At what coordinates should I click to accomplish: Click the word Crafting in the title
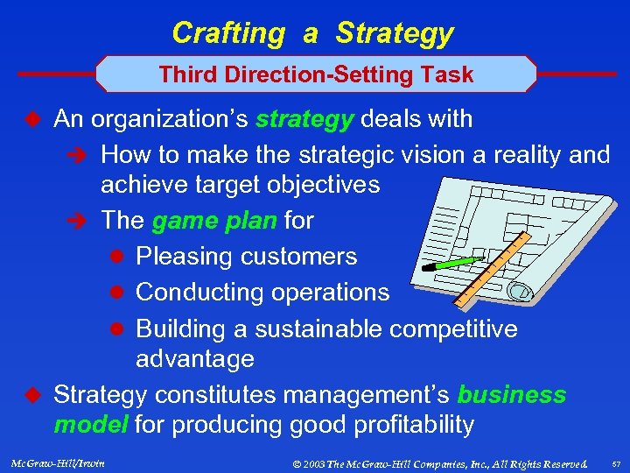227,33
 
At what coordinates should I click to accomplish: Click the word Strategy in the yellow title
395,33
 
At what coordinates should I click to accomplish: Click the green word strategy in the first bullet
303,119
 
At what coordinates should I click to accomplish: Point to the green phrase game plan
215,221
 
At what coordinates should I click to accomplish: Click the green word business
511,396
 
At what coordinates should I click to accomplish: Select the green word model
90,426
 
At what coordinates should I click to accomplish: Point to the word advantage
194,359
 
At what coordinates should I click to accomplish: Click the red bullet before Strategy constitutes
34,396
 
